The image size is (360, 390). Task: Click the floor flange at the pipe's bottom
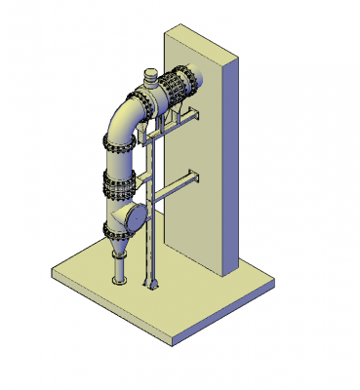pos(119,282)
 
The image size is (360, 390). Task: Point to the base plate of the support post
pos(151,287)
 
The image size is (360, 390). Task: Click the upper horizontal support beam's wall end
pos(195,119)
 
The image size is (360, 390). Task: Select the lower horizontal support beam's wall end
pos(194,177)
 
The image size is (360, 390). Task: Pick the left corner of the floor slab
pos(53,276)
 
